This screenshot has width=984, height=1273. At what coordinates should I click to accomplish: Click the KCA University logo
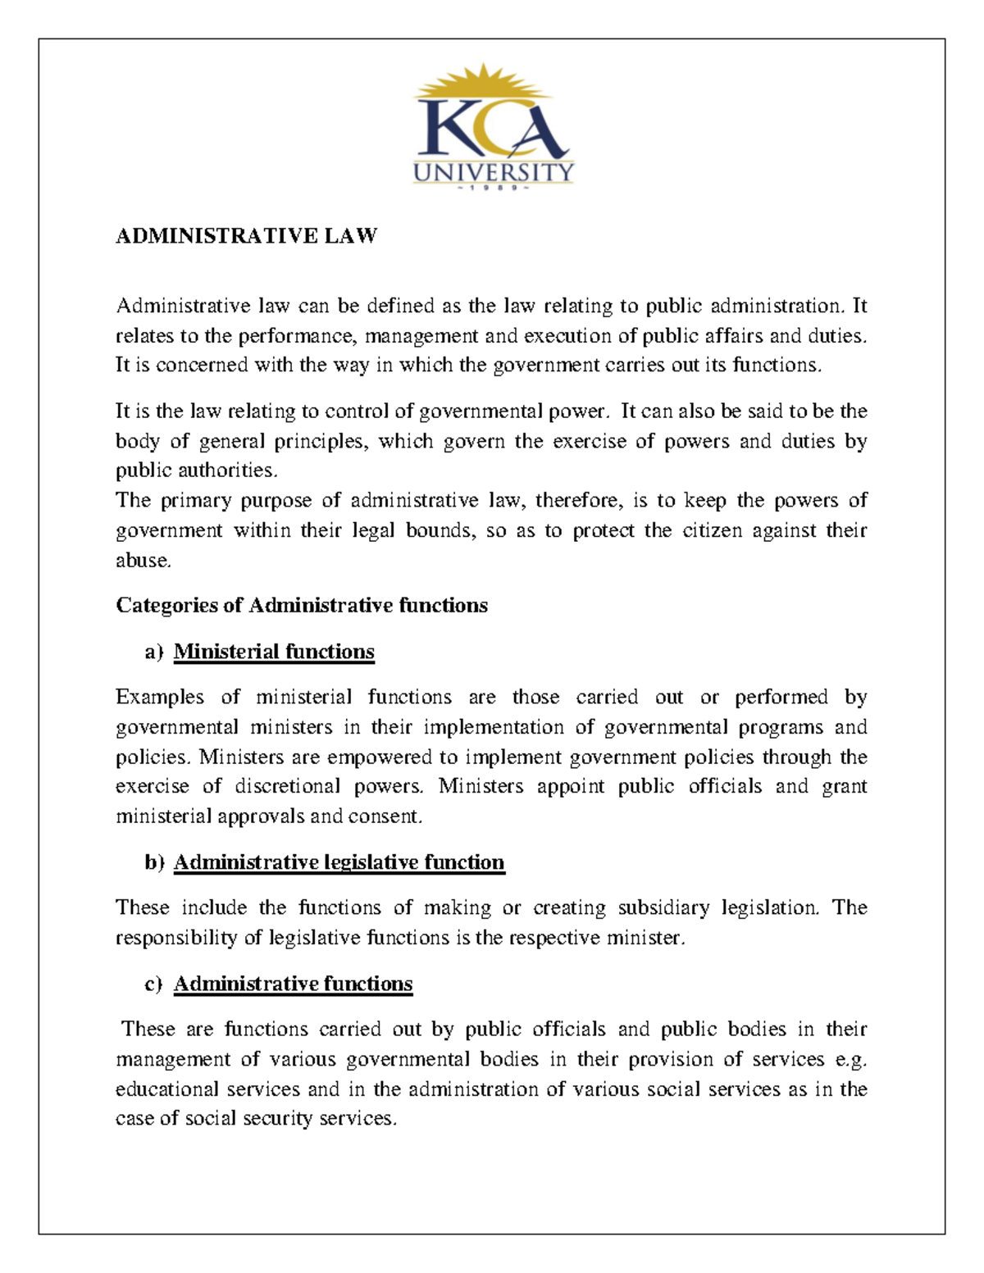click(x=493, y=131)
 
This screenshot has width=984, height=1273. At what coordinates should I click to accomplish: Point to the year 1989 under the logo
click(x=493, y=188)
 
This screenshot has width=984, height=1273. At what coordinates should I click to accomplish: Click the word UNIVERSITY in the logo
click(x=493, y=171)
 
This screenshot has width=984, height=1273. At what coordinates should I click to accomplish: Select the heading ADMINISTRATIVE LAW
click(x=246, y=236)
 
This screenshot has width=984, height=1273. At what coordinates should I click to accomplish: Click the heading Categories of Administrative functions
click(x=302, y=606)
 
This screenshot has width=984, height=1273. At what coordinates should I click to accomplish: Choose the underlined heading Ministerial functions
click(x=274, y=652)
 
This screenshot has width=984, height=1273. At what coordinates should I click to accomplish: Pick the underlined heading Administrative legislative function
click(x=339, y=862)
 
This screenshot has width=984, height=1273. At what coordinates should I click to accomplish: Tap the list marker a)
click(x=154, y=652)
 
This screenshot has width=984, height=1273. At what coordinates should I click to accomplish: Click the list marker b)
click(x=154, y=863)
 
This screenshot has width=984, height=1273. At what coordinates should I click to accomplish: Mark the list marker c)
click(x=154, y=984)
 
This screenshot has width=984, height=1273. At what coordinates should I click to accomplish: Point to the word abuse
click(x=143, y=561)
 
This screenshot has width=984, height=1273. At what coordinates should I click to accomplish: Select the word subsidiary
click(x=663, y=907)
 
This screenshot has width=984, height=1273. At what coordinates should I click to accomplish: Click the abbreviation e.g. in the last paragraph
click(x=850, y=1060)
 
